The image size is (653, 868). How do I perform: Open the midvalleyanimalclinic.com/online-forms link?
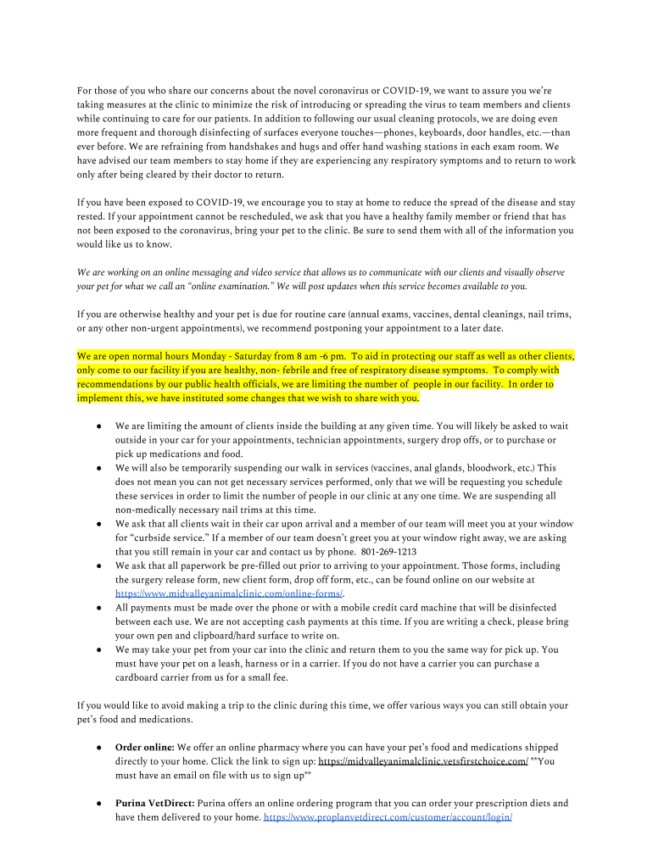click(x=229, y=593)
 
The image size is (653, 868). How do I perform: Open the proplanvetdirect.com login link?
click(x=388, y=817)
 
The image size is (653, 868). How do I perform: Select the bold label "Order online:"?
click(x=145, y=748)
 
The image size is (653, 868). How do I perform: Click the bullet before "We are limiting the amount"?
click(x=99, y=426)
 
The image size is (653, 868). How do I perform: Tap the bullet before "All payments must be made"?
click(x=99, y=608)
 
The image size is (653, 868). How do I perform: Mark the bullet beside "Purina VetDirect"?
click(x=99, y=803)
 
